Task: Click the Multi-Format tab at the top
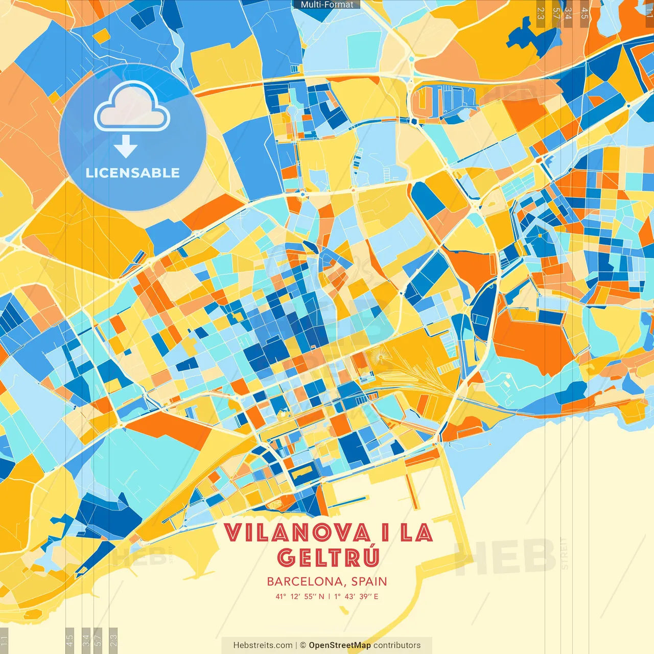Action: pos(327,5)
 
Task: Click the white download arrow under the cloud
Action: pos(126,147)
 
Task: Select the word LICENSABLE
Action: pos(133,173)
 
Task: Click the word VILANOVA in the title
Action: pos(297,533)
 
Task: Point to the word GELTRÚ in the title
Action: pos(329,557)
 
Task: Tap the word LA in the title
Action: pos(416,533)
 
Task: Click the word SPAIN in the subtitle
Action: pos(369,581)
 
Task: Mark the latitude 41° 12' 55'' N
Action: pos(300,596)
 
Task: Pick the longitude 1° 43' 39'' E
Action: pos(357,596)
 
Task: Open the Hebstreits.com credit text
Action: pos(263,645)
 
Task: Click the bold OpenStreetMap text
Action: pos(340,645)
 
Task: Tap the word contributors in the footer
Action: pos(397,645)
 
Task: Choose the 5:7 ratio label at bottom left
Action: pos(98,639)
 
